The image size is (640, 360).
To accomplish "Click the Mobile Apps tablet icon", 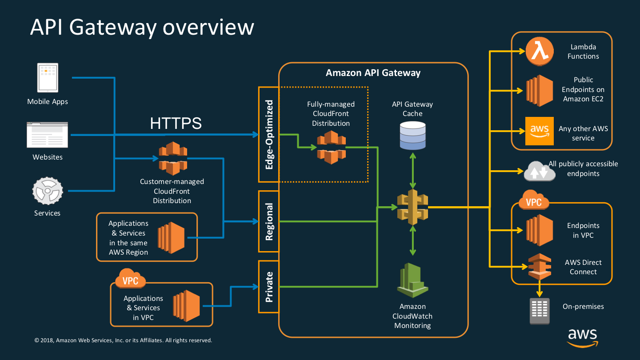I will [48, 78].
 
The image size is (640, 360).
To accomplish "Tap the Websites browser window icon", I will [48, 135].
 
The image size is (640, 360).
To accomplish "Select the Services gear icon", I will [48, 191].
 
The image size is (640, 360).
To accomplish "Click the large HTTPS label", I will [176, 124].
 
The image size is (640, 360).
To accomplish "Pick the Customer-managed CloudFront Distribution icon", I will [173, 158].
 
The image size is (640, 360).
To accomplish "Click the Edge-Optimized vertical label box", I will [269, 135].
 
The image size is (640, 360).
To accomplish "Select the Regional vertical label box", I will [269, 221].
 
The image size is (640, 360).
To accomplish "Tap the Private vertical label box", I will [269, 287].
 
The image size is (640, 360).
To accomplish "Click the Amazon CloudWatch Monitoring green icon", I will [412, 280].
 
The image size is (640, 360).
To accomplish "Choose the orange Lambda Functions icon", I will [540, 51].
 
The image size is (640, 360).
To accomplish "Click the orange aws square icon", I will [540, 131].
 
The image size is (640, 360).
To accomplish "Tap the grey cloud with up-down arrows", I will [540, 171].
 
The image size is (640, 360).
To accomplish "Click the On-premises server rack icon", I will [540, 311].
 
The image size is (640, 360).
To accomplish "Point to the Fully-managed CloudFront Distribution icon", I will [331, 147].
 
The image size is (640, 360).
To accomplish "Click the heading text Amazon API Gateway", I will [373, 73].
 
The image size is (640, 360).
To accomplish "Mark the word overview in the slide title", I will [208, 27].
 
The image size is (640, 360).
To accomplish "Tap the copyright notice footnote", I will [123, 340].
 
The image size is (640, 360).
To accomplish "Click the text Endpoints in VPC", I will [583, 230].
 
